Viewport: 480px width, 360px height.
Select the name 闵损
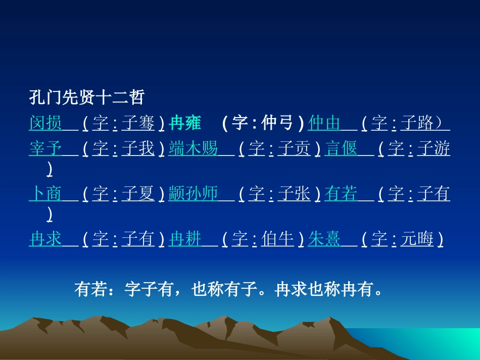point(45,123)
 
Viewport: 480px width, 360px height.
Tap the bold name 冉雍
point(185,123)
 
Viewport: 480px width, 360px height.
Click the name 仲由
point(324,123)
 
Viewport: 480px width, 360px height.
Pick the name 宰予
point(45,149)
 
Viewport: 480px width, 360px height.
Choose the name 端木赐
point(193,149)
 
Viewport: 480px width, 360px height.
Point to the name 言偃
point(341,149)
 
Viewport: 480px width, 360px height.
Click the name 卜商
point(45,194)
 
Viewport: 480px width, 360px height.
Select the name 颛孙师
point(193,194)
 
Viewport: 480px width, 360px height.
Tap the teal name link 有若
point(341,194)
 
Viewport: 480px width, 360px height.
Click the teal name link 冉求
point(45,239)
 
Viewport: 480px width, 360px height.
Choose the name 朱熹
point(324,239)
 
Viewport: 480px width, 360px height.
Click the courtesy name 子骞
point(138,123)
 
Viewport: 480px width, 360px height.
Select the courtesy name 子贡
point(294,149)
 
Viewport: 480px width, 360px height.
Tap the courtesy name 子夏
point(138,194)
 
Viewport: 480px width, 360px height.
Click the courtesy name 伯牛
point(277,239)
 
